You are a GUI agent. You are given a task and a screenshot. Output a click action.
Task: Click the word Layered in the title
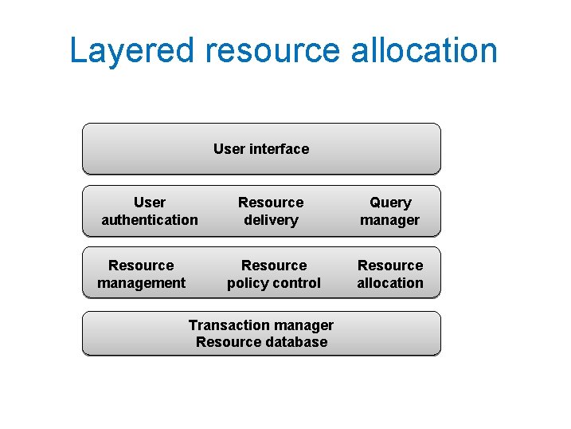pos(131,50)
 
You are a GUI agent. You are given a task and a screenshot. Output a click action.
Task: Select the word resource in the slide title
pos(272,50)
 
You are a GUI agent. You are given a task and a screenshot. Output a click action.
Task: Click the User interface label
pos(261,149)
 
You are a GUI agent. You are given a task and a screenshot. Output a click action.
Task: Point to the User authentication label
pos(150,211)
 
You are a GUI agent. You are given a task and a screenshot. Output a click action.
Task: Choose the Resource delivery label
pos(271,211)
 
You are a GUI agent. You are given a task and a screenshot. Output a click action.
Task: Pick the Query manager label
pos(390,211)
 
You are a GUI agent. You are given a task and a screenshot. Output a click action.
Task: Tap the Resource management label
pos(141,274)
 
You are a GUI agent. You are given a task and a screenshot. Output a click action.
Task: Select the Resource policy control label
pos(274,274)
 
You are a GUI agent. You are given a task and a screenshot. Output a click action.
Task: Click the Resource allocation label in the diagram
pos(390,274)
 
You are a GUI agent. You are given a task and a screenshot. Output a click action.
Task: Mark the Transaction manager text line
pos(261,325)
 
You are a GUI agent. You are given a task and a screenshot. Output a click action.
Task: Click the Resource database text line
pos(261,342)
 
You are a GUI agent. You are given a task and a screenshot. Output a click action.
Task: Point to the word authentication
pos(150,220)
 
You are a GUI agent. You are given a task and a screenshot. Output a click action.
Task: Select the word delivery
pos(271,220)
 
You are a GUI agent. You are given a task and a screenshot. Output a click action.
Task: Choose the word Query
pos(390,203)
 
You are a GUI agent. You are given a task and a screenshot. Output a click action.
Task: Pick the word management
pos(141,283)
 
